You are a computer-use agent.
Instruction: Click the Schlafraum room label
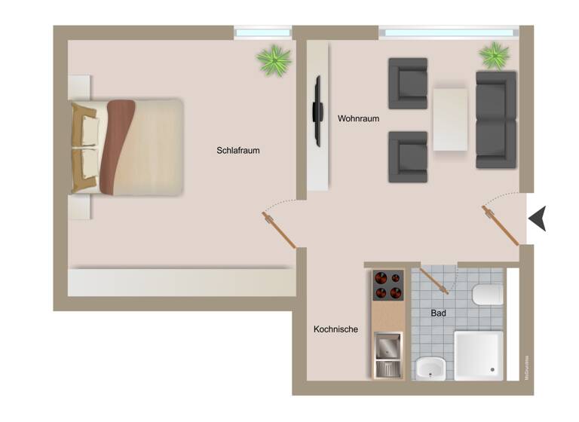pyautogui.click(x=238, y=151)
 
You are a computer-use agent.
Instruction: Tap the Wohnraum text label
pyautogui.click(x=358, y=119)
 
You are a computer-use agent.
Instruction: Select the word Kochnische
pyautogui.click(x=335, y=329)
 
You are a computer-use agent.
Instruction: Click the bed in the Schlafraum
pyautogui.click(x=128, y=147)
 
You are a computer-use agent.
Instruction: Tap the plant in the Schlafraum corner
pyautogui.click(x=274, y=60)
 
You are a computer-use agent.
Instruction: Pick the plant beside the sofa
pyautogui.click(x=494, y=55)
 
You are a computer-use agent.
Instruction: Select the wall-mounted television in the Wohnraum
pyautogui.click(x=318, y=111)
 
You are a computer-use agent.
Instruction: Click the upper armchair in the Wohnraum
pyautogui.click(x=408, y=83)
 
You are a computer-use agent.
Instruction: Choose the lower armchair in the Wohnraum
pyautogui.click(x=408, y=157)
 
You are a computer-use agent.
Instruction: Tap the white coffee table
pyautogui.click(x=450, y=120)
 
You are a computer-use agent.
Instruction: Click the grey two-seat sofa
pyautogui.click(x=496, y=120)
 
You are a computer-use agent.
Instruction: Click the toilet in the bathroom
pyautogui.click(x=486, y=294)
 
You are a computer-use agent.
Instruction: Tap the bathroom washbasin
pyautogui.click(x=430, y=368)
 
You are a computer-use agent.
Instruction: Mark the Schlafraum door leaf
pyautogui.click(x=280, y=231)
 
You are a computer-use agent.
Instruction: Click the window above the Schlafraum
pyautogui.click(x=262, y=32)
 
